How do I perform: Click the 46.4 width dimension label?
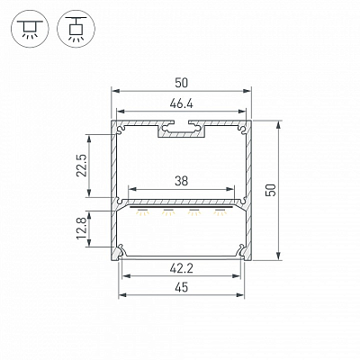181,104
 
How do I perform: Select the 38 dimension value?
181,181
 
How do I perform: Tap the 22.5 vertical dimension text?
82,166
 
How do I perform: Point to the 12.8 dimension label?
82,229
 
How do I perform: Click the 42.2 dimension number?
181,269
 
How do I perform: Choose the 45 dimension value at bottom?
182,287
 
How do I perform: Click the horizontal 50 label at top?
182,83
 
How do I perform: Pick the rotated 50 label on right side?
271,190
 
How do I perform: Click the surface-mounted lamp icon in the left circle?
30,29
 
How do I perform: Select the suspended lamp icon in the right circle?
76,29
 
